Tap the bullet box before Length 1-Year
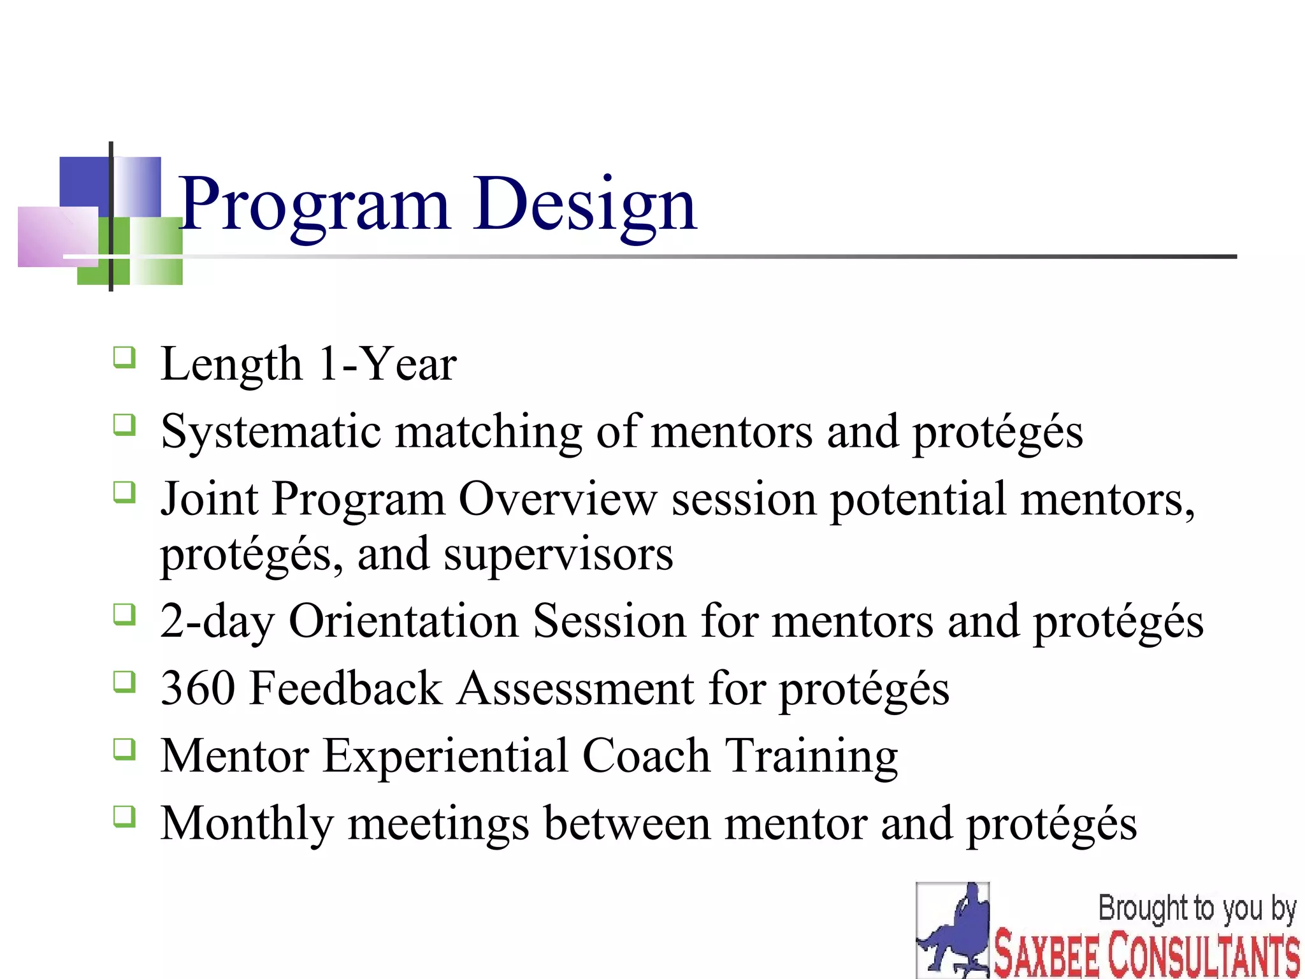click(125, 358)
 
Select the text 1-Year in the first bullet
click(387, 365)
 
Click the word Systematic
click(271, 433)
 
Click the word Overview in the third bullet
click(557, 499)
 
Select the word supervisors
click(558, 555)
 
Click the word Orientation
click(403, 621)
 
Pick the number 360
click(198, 689)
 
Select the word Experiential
click(445, 757)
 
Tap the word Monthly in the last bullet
click(247, 824)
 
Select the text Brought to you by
click(1197, 909)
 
